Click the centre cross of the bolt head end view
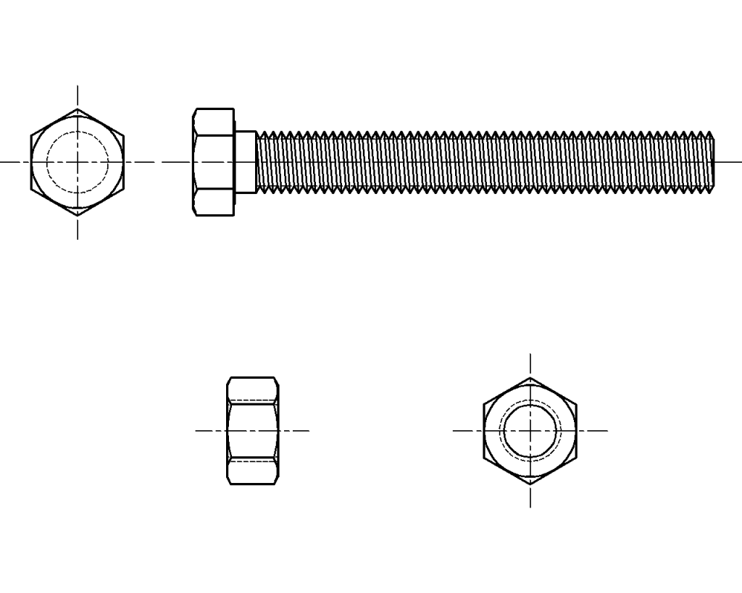tap(78, 162)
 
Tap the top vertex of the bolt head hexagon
tap(78, 109)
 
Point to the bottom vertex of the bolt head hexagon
tap(78, 216)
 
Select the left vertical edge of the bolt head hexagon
tap(31, 162)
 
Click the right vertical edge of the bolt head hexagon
tap(124, 162)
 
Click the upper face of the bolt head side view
tap(214, 122)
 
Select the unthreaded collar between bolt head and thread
tap(245, 162)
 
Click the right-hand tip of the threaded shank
tap(714, 162)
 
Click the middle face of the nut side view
tap(253, 431)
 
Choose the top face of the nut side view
tap(253, 389)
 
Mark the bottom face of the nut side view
tap(253, 472)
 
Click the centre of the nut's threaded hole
tap(530, 431)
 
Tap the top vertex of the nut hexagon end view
tap(530, 378)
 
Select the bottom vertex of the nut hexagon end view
tap(530, 484)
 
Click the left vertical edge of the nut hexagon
tap(484, 431)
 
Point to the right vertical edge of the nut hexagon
tap(577, 431)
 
